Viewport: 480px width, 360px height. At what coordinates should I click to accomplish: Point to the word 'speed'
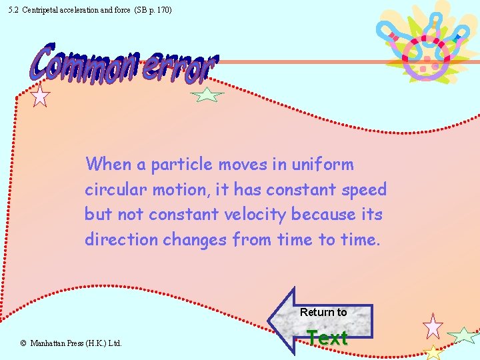[364, 190]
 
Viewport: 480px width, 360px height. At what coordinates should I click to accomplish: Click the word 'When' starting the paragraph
[109, 164]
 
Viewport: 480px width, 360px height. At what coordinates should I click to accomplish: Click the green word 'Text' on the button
[327, 338]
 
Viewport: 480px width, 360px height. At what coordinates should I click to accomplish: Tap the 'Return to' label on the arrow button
[323, 312]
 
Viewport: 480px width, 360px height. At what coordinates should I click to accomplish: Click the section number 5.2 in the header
[13, 10]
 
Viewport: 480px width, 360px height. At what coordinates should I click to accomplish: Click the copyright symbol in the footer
[23, 343]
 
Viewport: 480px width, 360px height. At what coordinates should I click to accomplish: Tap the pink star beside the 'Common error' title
[41, 96]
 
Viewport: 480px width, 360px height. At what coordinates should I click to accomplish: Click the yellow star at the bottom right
[433, 352]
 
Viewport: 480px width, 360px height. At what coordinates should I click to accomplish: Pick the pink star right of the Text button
[433, 326]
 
